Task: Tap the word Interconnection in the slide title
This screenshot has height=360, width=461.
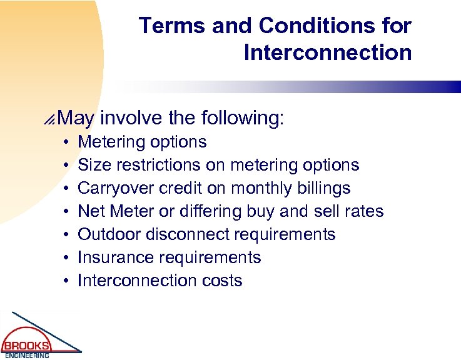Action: (328, 52)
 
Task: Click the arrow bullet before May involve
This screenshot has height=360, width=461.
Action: (57, 117)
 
